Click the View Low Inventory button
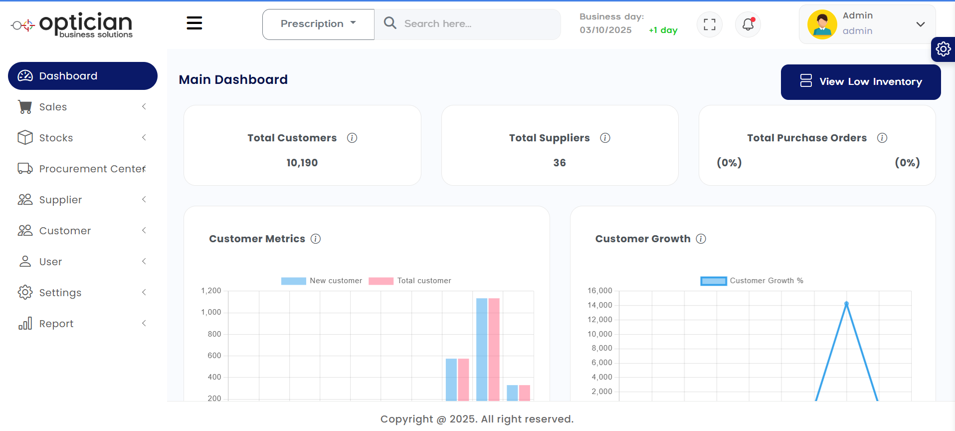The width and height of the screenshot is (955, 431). tap(860, 82)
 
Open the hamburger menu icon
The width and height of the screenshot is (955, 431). tap(194, 23)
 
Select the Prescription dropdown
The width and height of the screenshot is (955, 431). tap(318, 24)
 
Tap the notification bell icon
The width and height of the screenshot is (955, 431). tap(748, 24)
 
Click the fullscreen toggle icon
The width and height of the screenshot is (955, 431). tap(709, 24)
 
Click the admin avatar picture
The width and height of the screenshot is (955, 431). tap(822, 24)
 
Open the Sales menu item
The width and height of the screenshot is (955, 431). tap(53, 107)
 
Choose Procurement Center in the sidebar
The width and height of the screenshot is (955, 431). tap(92, 169)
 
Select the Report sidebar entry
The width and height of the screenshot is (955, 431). tap(56, 324)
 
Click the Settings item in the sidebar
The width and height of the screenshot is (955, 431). tap(60, 293)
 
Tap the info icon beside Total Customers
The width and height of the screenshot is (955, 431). tap(352, 138)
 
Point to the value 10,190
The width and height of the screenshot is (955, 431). tap(302, 163)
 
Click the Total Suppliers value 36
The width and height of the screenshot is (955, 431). tap(559, 163)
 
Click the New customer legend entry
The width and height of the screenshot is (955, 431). tap(322, 281)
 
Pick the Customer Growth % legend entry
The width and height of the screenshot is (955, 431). tap(752, 281)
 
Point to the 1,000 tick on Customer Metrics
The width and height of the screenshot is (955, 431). tap(211, 312)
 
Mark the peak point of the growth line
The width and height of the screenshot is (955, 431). tap(846, 304)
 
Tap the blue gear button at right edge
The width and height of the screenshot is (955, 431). tap(943, 49)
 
